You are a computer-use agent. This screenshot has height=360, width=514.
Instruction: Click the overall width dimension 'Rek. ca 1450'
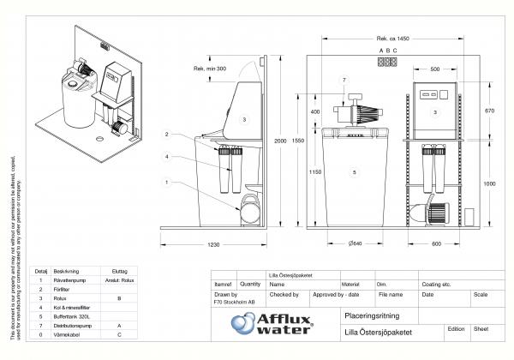pyautogui.click(x=392, y=39)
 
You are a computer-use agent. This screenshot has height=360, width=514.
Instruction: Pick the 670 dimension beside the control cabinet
pyautogui.click(x=488, y=111)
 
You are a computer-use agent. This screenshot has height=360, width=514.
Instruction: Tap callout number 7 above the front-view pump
pyautogui.click(x=344, y=80)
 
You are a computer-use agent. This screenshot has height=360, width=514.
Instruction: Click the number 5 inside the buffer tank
pyautogui.click(x=352, y=172)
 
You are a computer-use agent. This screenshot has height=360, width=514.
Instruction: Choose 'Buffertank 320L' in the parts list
pyautogui.click(x=70, y=316)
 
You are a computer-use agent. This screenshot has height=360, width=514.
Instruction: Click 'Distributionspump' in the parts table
pyautogui.click(x=71, y=326)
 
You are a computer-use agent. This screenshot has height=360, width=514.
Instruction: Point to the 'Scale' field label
pyautogui.click(x=481, y=294)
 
